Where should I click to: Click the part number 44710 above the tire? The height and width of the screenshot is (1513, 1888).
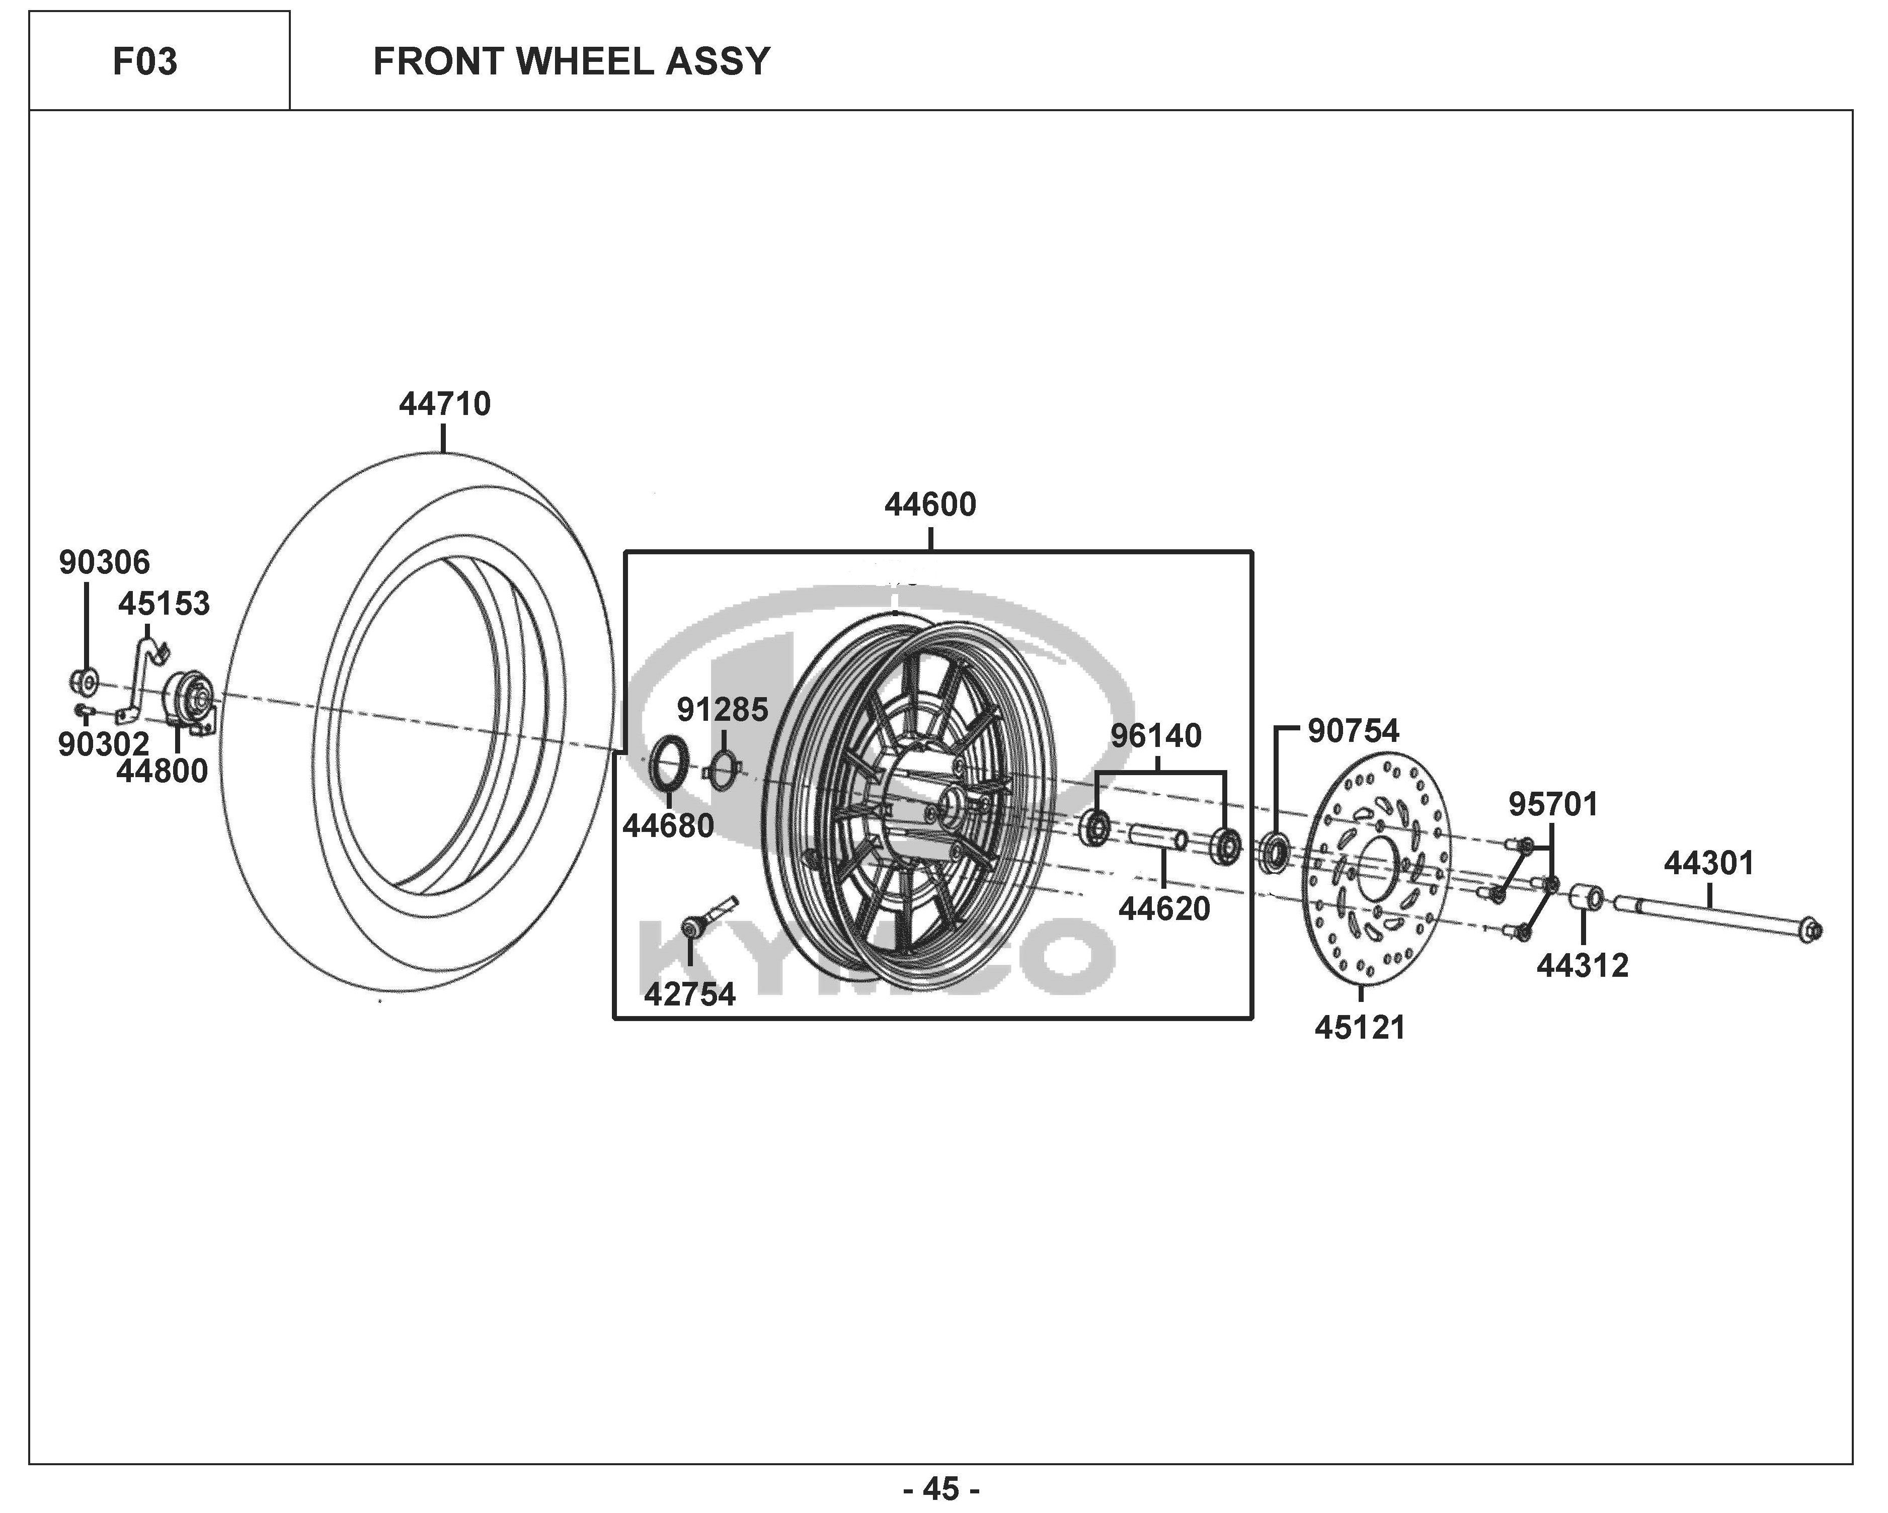pos(445,404)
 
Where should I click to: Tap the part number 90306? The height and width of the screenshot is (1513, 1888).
pos(104,562)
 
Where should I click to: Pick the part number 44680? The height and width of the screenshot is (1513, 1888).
pos(668,826)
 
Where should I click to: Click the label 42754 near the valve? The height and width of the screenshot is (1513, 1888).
pos(690,994)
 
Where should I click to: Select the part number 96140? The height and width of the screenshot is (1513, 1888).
pos(1156,736)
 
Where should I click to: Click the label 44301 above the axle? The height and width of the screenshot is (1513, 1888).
pos(1709,864)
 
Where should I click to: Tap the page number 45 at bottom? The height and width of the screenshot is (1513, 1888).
pos(941,1488)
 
